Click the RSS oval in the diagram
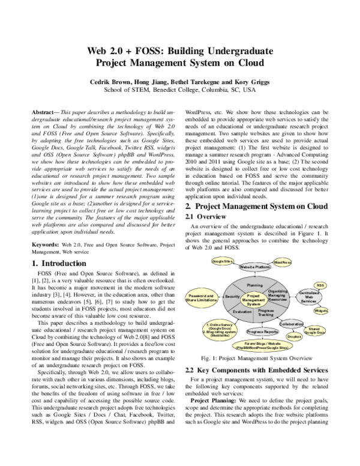pos(321,285)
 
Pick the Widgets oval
pos(321,310)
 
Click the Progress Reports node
pos(262,331)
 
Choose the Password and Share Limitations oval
pos(202,298)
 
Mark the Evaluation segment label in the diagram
pos(242,312)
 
